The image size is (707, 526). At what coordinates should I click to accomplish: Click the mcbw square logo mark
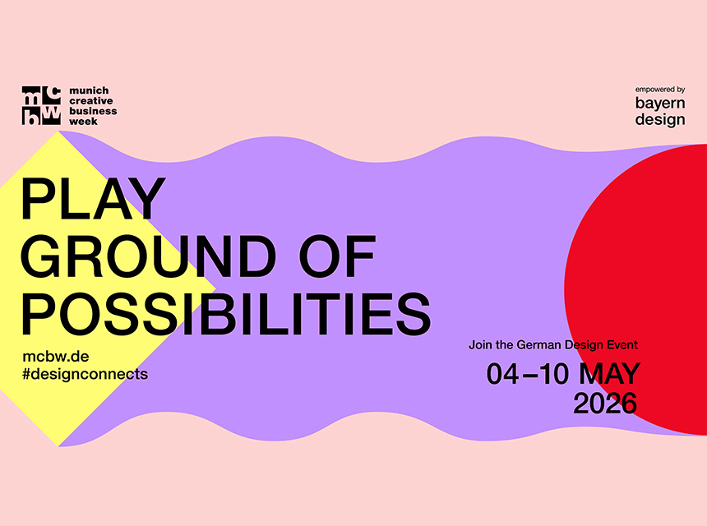pyautogui.click(x=41, y=105)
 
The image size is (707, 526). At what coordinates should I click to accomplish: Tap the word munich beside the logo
pyautogui.click(x=90, y=90)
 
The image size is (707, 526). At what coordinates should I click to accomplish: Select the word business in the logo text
pyautogui.click(x=94, y=111)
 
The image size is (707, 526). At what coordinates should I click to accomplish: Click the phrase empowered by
pyautogui.click(x=660, y=89)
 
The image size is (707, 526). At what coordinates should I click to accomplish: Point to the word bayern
pyautogui.click(x=660, y=103)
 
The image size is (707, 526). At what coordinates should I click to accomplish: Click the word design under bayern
pyautogui.click(x=660, y=119)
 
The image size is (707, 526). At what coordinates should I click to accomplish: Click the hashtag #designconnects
pyautogui.click(x=85, y=374)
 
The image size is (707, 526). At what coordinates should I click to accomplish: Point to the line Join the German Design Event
pyautogui.click(x=553, y=345)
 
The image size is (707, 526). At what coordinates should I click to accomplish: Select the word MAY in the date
pyautogui.click(x=609, y=374)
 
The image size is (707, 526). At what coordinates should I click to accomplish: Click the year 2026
pyautogui.click(x=605, y=403)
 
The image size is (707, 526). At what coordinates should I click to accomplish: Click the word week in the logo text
pyautogui.click(x=84, y=121)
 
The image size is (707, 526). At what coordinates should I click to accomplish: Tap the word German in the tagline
pyautogui.click(x=541, y=345)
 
